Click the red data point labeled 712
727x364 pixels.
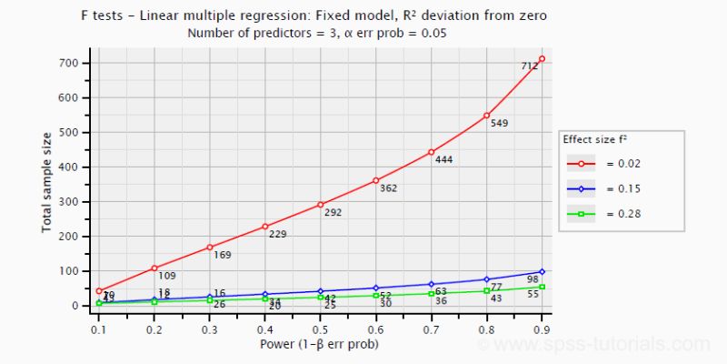[542, 59]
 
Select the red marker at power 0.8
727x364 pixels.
[486, 116]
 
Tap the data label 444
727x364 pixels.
[443, 160]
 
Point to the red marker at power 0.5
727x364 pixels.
[320, 205]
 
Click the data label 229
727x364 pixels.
[277, 234]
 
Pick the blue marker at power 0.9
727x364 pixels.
[542, 271]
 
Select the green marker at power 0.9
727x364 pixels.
[542, 287]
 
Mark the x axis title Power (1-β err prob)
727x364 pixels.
[320, 344]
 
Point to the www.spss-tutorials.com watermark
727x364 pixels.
[600, 345]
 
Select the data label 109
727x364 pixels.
[167, 276]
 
